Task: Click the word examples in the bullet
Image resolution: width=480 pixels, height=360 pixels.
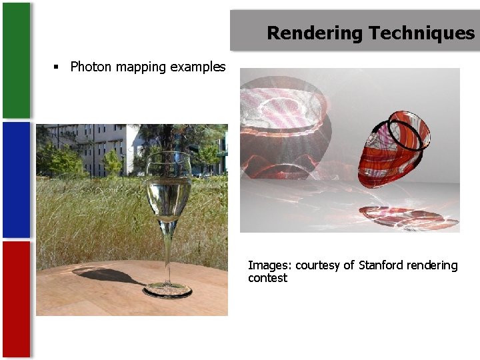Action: pyautogui.click(x=198, y=67)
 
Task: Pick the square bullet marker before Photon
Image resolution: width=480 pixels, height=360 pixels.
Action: pyautogui.click(x=57, y=67)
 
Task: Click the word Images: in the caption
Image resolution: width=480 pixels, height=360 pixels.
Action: pyautogui.click(x=269, y=265)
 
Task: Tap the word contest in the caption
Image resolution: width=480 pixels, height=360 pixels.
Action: pyautogui.click(x=267, y=278)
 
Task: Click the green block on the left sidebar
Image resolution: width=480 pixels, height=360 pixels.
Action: pyautogui.click(x=16, y=60)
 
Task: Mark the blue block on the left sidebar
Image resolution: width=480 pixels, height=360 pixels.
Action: pyautogui.click(x=16, y=180)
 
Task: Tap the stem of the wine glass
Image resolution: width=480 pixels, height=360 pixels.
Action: pyautogui.click(x=167, y=253)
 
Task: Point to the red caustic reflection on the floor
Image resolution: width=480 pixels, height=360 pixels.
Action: pyautogui.click(x=400, y=217)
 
